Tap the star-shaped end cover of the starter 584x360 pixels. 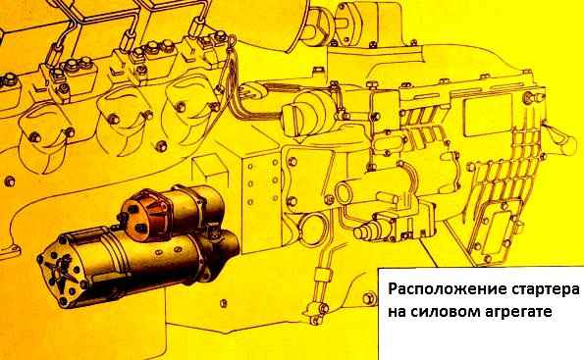(x=61, y=271)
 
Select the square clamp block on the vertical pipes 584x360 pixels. (x=322, y=276)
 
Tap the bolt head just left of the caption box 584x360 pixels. (x=368, y=297)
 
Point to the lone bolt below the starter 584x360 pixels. (x=223, y=303)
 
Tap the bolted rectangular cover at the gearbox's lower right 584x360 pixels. (x=499, y=237)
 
